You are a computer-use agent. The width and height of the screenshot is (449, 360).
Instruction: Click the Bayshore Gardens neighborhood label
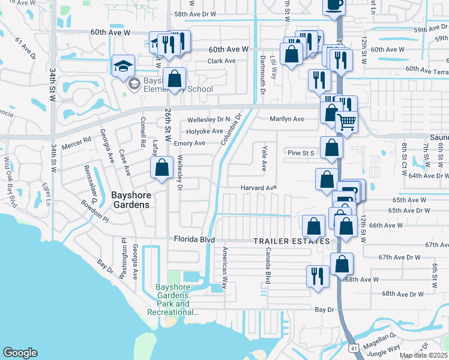tap(130, 199)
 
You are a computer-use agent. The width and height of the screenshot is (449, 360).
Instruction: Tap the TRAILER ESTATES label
tap(291, 241)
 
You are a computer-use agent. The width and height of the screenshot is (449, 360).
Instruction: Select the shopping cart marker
tap(346, 122)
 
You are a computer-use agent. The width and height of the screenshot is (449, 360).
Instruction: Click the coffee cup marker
tap(334, 5)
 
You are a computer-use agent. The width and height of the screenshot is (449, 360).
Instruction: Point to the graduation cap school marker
tap(123, 66)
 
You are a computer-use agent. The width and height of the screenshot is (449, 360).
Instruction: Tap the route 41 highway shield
tap(355, 348)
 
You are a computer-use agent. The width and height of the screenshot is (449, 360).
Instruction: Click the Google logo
tap(20, 353)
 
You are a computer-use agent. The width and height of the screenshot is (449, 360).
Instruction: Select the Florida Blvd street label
tap(194, 239)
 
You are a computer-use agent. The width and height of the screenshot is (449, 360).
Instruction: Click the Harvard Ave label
tap(259, 188)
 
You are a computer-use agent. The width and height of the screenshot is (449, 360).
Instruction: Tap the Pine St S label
tap(301, 153)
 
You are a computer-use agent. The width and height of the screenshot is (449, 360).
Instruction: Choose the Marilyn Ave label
tap(287, 119)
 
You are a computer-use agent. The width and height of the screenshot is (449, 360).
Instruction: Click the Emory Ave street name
tap(189, 143)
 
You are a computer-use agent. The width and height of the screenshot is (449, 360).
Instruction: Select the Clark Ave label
tap(221, 61)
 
